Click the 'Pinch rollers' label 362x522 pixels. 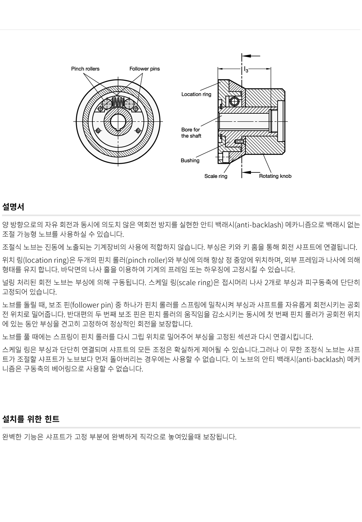click(x=85, y=69)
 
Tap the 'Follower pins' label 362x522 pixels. click(x=145, y=69)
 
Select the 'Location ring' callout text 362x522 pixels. click(x=196, y=95)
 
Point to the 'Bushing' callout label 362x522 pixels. click(x=190, y=160)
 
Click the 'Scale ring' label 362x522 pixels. click(x=216, y=176)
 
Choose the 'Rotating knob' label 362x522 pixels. click(x=275, y=176)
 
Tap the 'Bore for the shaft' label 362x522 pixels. click(x=191, y=133)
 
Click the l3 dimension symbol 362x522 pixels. click(x=246, y=70)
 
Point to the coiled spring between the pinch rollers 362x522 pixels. click(x=118, y=102)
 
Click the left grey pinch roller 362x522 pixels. click(x=107, y=104)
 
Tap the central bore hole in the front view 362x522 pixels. click(x=118, y=121)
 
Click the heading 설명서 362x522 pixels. click(x=13, y=207)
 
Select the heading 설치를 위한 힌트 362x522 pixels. click(x=31, y=419)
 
